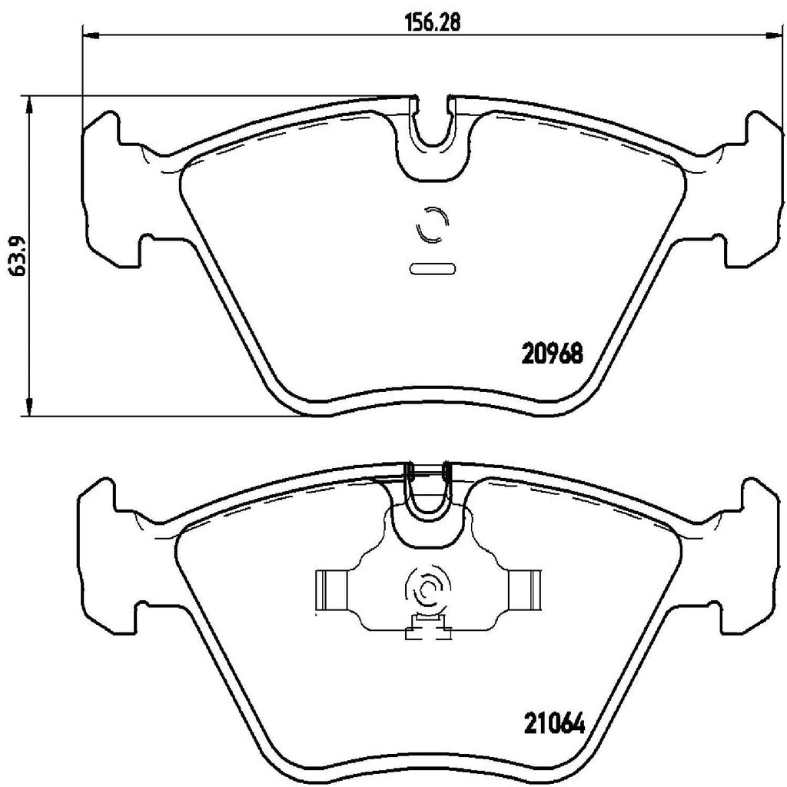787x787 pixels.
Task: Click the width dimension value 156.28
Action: (433, 23)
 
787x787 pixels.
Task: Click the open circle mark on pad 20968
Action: (430, 225)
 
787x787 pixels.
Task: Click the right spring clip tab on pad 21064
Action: (526, 592)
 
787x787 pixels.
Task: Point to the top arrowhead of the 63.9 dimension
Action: (29, 105)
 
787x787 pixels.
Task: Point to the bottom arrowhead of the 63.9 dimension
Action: (29, 408)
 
